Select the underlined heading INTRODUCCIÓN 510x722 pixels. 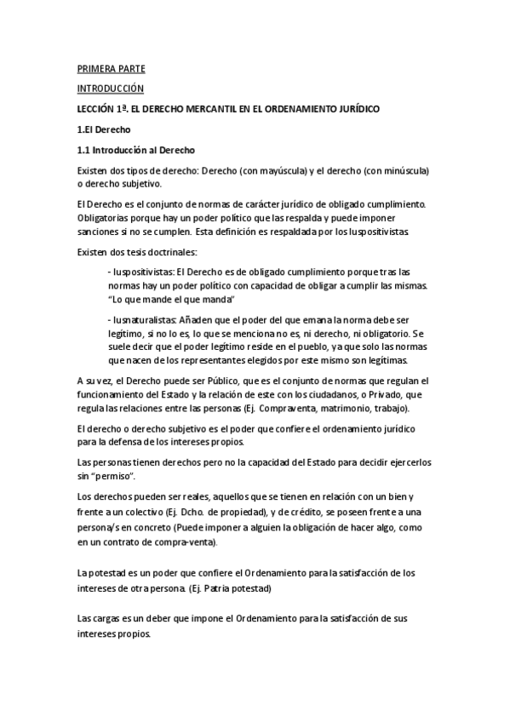110,89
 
